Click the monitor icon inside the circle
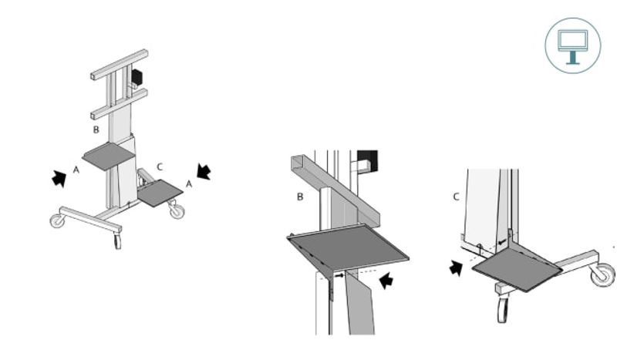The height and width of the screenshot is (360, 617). pos(573,46)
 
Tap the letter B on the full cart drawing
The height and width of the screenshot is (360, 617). pos(96,130)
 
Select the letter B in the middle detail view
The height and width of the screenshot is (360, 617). pos(300,197)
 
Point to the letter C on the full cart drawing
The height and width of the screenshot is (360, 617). pos(160,167)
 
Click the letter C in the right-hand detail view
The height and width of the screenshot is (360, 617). pos(456,197)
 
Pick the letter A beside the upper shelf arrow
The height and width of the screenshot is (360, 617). pos(76,170)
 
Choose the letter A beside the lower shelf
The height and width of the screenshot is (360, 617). pos(189,183)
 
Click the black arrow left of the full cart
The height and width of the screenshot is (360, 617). pos(59,178)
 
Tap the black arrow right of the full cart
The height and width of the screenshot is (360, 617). pos(204,172)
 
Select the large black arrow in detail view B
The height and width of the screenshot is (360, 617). pos(386,281)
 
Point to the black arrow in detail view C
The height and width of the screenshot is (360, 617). pos(456,268)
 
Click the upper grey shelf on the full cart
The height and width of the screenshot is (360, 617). pos(109,156)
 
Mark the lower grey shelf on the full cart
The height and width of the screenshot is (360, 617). pos(160,193)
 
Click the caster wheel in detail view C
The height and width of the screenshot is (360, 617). pos(603,274)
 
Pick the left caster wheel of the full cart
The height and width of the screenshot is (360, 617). pos(57,220)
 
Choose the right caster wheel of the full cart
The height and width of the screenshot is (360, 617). pos(177,211)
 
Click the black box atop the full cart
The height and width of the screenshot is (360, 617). pos(137,77)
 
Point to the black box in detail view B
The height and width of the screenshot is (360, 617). pos(368,160)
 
